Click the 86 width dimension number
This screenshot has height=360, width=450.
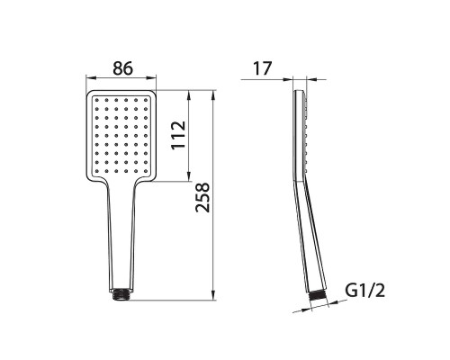coord(122,68)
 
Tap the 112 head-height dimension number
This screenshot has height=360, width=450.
coord(178,135)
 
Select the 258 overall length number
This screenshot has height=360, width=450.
coord(202,197)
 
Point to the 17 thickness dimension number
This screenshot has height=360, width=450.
coord(263,68)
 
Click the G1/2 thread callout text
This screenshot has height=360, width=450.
coord(364,290)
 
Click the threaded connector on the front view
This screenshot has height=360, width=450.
coord(121,294)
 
